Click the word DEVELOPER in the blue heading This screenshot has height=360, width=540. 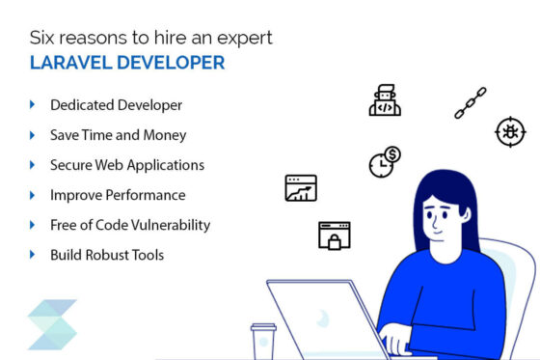pyautogui.click(x=171, y=63)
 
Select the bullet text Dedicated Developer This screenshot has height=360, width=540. pyautogui.click(x=116, y=104)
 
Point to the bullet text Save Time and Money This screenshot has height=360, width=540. pyautogui.click(x=118, y=135)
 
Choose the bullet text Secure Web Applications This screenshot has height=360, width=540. pyautogui.click(x=126, y=165)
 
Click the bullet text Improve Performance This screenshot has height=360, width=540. pyautogui.click(x=117, y=195)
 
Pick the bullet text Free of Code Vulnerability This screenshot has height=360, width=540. pyautogui.click(x=129, y=225)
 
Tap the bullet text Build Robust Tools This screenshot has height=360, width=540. pyautogui.click(x=106, y=255)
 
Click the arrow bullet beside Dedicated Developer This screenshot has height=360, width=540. pyautogui.click(x=33, y=104)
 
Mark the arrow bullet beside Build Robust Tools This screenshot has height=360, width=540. pyautogui.click(x=33, y=255)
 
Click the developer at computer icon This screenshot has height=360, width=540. pyautogui.click(x=384, y=100)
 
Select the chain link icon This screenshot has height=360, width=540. pyautogui.click(x=471, y=103)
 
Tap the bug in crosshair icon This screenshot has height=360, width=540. pyautogui.click(x=510, y=131)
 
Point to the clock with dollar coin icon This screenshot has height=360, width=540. pyautogui.click(x=384, y=161)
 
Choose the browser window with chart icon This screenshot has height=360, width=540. pyautogui.click(x=301, y=187)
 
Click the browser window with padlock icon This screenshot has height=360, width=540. pyautogui.click(x=334, y=235)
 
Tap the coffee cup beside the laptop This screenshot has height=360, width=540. pyautogui.click(x=262, y=341)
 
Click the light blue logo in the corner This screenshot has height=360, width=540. pyautogui.click(x=52, y=324)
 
